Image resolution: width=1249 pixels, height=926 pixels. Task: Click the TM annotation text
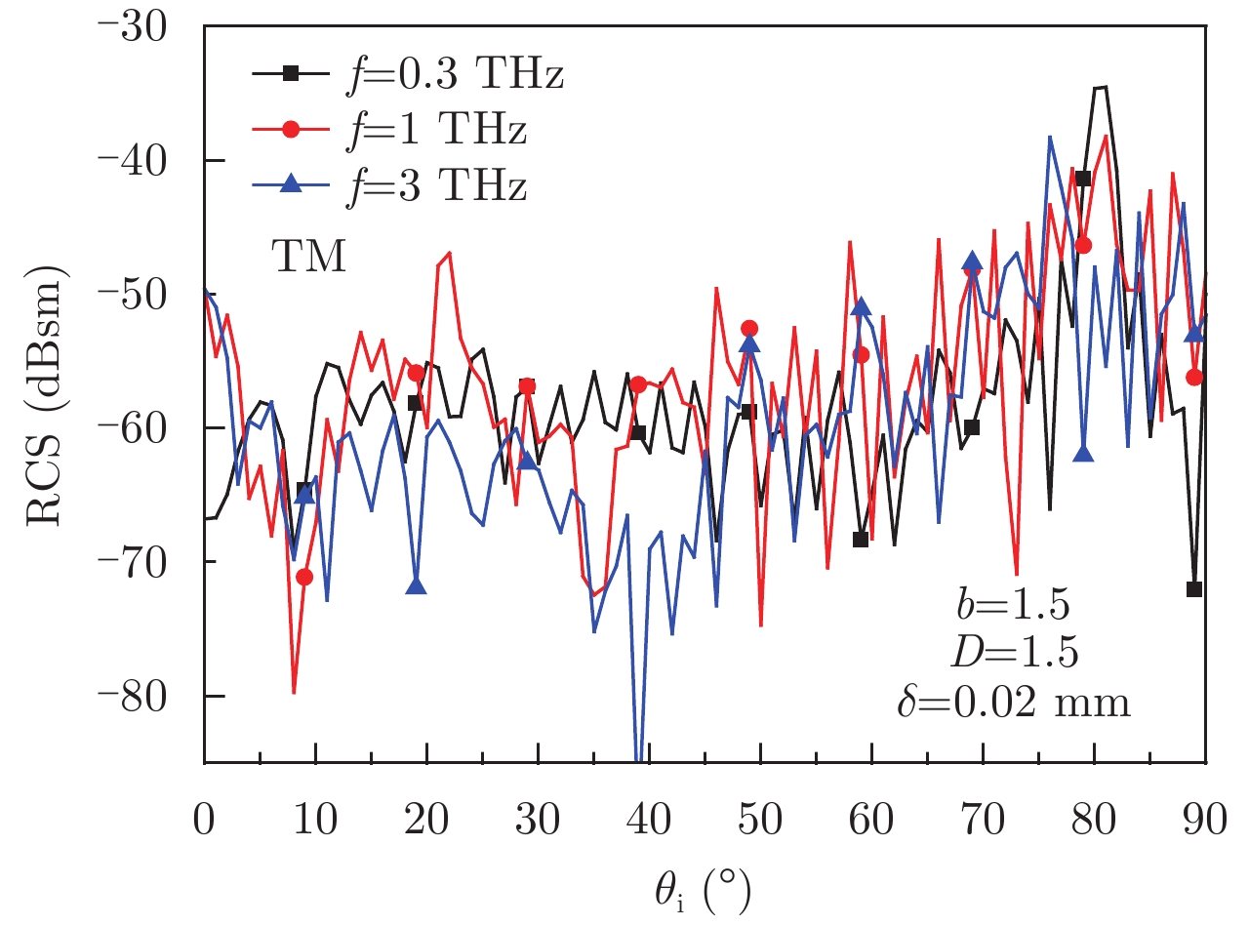[x=308, y=259]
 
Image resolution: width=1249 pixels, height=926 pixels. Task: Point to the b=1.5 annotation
[x=1012, y=607]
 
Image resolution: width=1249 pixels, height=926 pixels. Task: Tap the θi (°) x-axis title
[x=697, y=890]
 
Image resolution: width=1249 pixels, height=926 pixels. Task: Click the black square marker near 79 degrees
[x=1082, y=178]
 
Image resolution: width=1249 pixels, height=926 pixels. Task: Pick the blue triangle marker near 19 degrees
[x=417, y=585]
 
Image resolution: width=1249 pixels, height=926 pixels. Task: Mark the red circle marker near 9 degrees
[x=304, y=577]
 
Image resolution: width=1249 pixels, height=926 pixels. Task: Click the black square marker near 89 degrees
[x=1193, y=589]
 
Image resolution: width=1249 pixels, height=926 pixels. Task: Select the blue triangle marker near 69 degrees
[x=971, y=261]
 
